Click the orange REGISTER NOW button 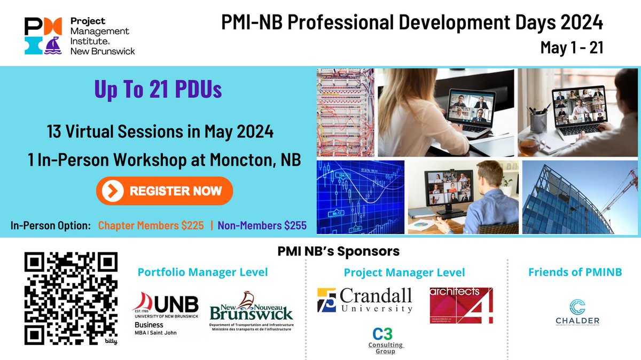click(165, 191)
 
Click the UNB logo click(166, 313)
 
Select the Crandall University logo click(365, 301)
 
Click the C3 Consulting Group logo click(389, 340)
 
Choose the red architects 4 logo click(461, 306)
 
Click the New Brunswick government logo click(252, 312)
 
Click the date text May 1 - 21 click(572, 47)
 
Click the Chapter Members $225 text click(151, 225)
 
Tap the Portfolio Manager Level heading click(202, 272)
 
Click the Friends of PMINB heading click(575, 272)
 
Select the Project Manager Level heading click(404, 272)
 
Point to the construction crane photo click(581, 198)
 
